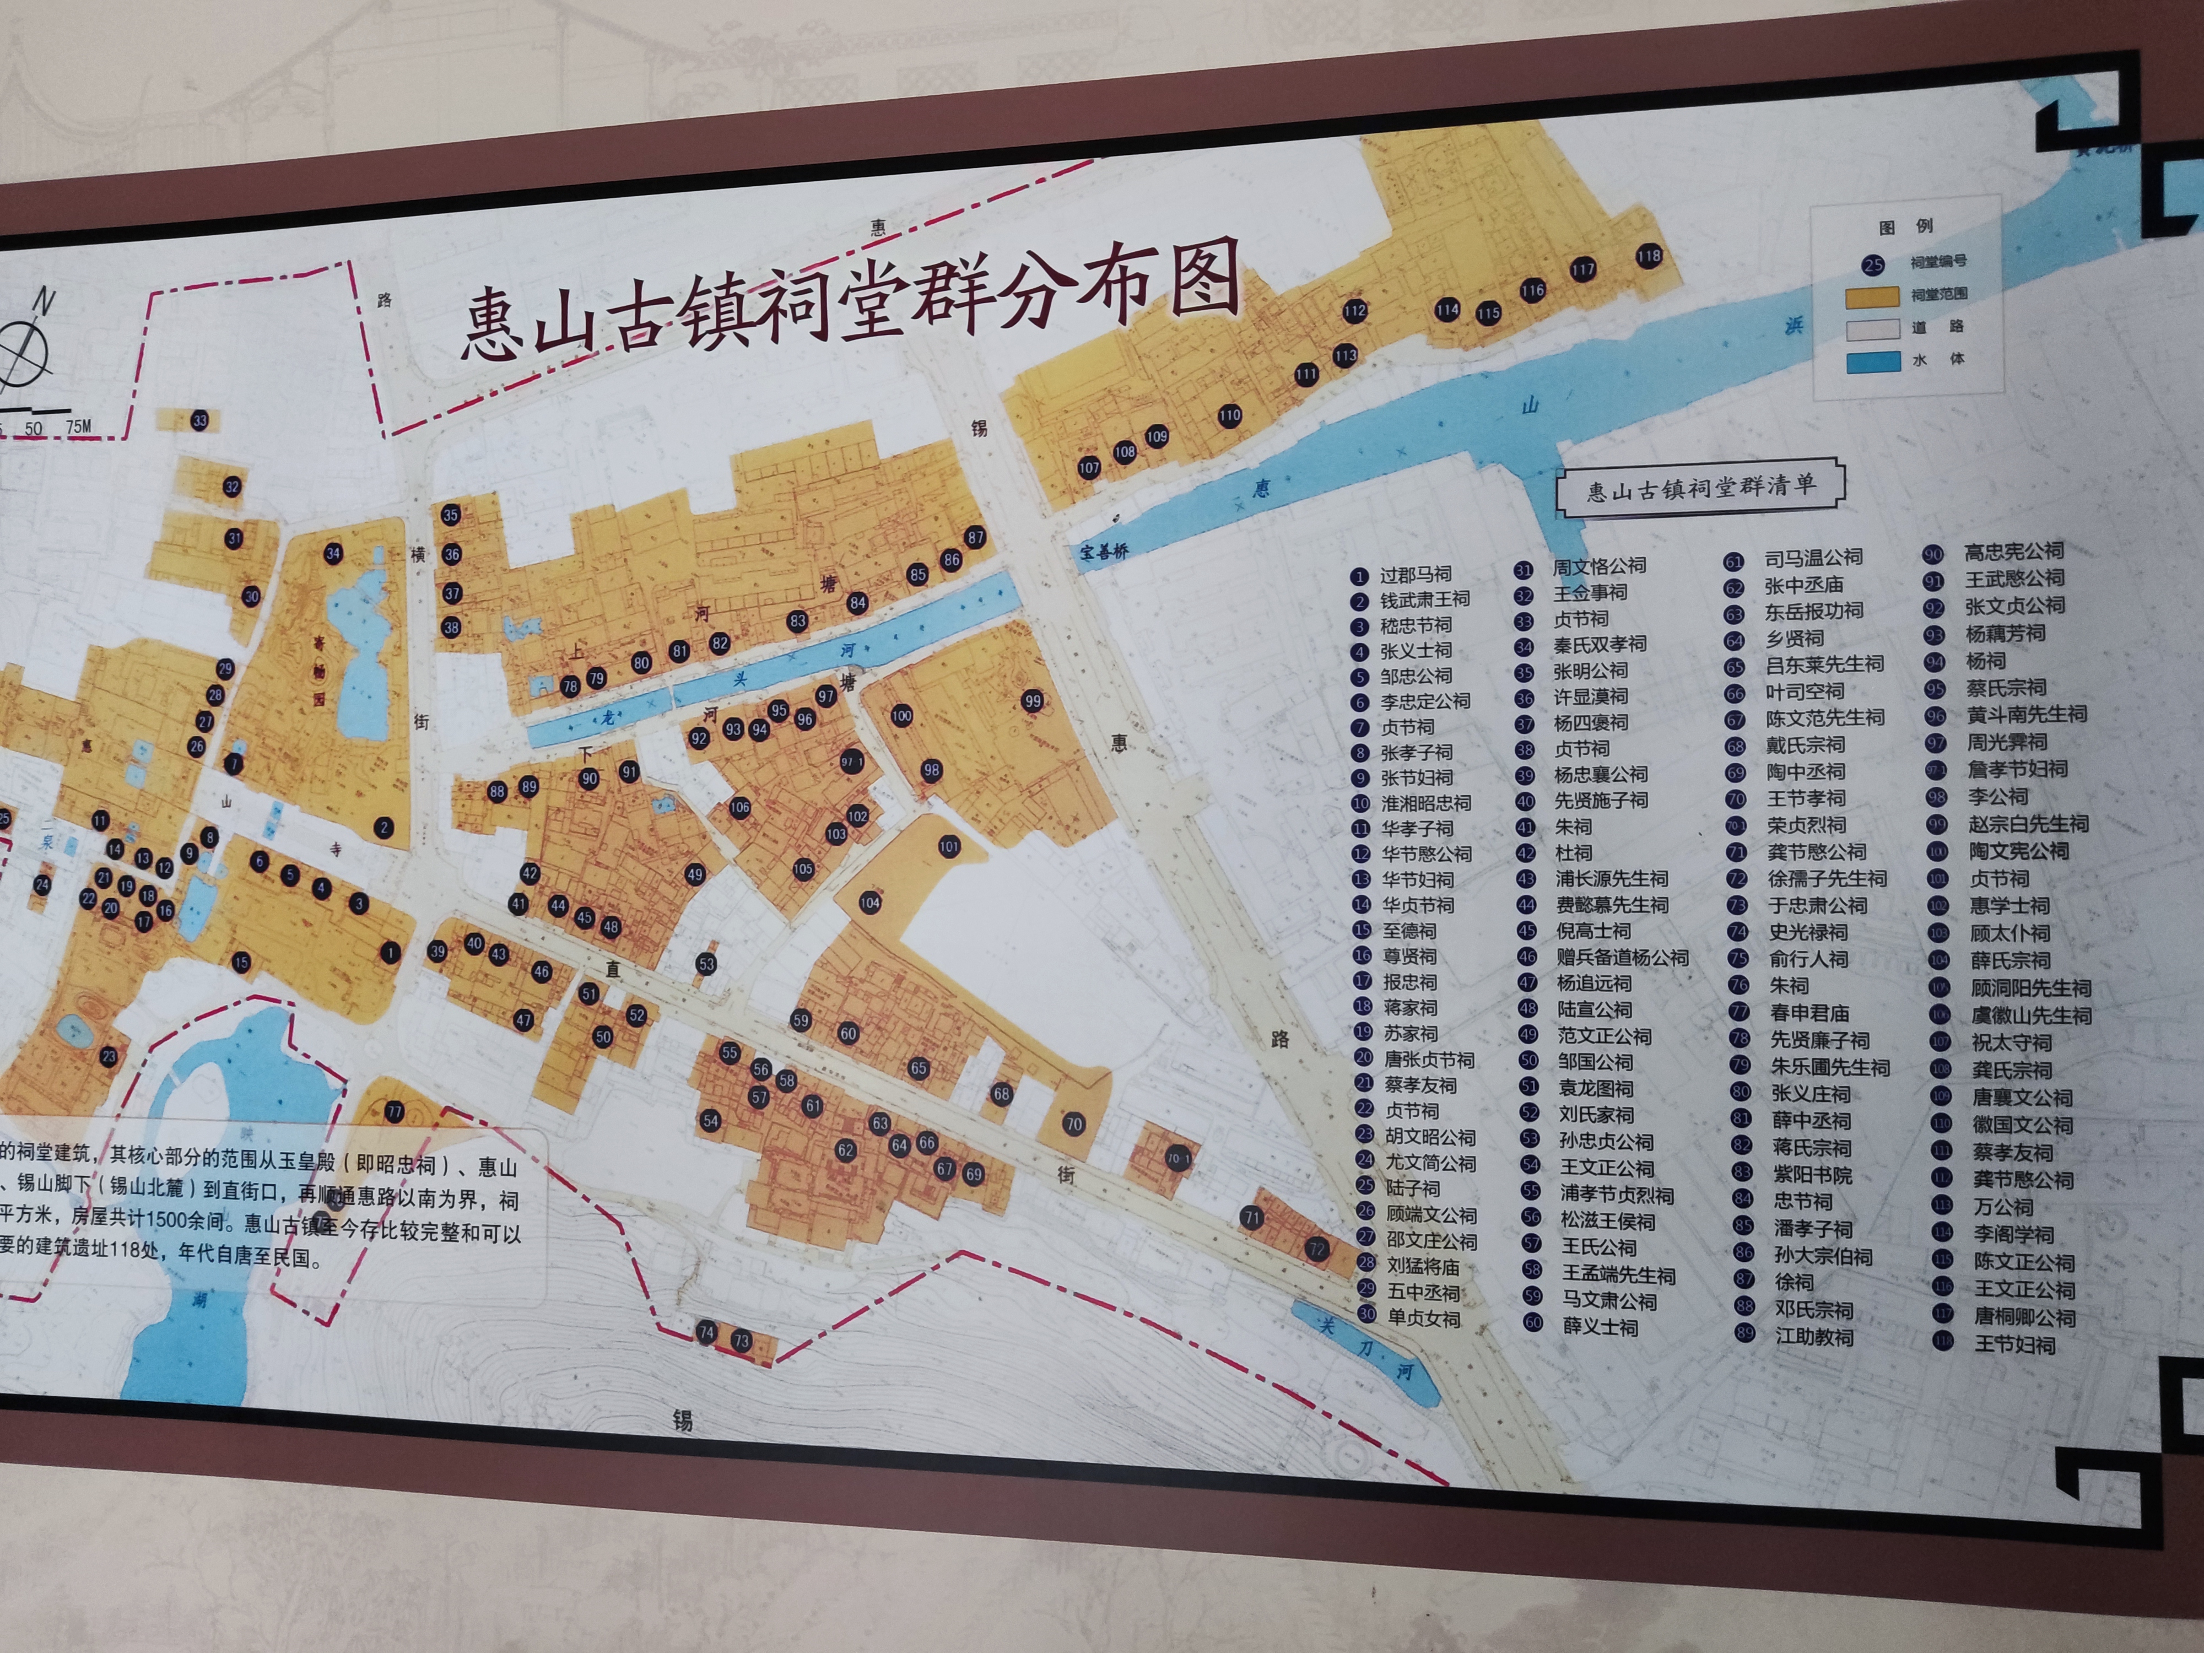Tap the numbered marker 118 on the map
(1649, 256)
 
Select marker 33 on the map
(200, 420)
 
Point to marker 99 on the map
(1032, 701)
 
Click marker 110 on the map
(1229, 415)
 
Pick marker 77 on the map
(395, 1112)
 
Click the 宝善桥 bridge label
(1104, 551)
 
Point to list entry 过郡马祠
(1415, 575)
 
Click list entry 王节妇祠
(2014, 1344)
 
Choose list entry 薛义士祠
(1600, 1326)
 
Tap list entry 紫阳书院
(1812, 1175)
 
